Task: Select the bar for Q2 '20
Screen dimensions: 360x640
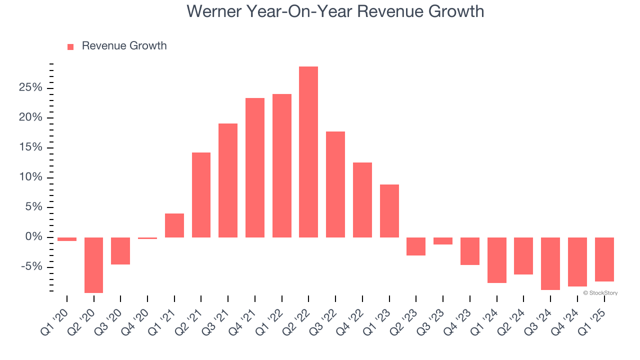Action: pyautogui.click(x=93, y=265)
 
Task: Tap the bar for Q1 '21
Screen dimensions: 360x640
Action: pyautogui.click(x=174, y=225)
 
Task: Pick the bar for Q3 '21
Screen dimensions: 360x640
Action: pyautogui.click(x=228, y=180)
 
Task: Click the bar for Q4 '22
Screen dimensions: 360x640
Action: pyautogui.click(x=362, y=200)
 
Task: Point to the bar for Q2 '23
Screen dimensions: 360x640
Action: pyautogui.click(x=416, y=246)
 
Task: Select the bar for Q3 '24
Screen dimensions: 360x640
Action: pyautogui.click(x=550, y=263)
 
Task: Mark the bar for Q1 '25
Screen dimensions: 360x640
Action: pyautogui.click(x=604, y=259)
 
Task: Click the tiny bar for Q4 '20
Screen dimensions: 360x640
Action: pyautogui.click(x=147, y=238)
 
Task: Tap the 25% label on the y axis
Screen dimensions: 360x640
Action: pyautogui.click(x=31, y=88)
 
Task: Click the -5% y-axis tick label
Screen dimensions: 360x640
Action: pyautogui.click(x=32, y=267)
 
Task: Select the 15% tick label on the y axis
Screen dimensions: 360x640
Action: pyautogui.click(x=31, y=147)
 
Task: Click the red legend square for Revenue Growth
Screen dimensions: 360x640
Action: pyautogui.click(x=70, y=46)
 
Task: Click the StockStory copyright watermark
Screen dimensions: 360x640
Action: pyautogui.click(x=600, y=293)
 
